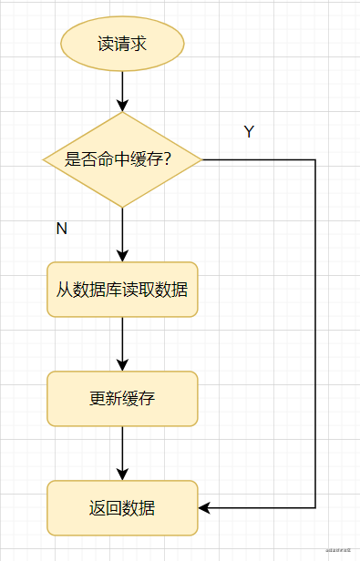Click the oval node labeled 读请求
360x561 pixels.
(122, 43)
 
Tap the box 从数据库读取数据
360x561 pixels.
(122, 290)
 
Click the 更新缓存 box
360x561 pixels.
(122, 398)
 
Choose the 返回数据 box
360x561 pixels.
(122, 507)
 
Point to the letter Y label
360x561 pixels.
(248, 132)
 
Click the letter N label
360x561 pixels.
(62, 229)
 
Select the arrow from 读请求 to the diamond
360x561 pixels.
(122, 91)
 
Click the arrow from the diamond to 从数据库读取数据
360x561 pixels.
(122, 235)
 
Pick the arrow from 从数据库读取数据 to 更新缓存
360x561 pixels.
(122, 344)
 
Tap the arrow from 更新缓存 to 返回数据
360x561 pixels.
(122, 453)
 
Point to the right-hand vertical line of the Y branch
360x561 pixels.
(315, 337)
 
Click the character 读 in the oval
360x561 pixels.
(106, 43)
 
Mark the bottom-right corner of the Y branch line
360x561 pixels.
(315, 507)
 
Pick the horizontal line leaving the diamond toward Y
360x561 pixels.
(260, 160)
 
